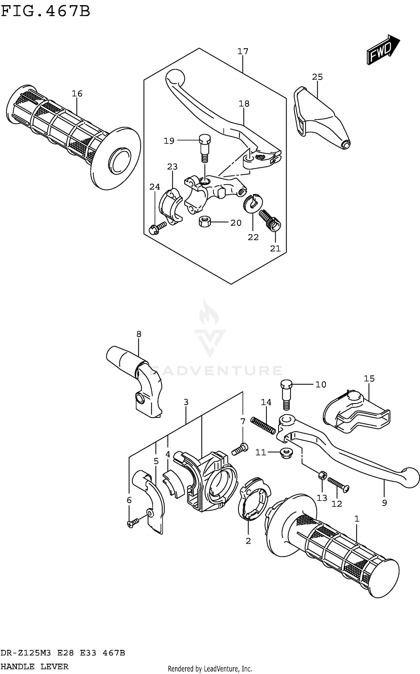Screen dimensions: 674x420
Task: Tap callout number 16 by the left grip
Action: click(77, 94)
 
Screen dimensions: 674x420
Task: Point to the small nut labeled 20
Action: click(204, 222)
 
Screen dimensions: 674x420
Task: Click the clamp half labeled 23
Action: click(171, 206)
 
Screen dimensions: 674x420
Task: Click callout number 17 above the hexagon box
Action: click(243, 52)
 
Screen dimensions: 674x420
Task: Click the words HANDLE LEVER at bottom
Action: click(34, 666)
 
